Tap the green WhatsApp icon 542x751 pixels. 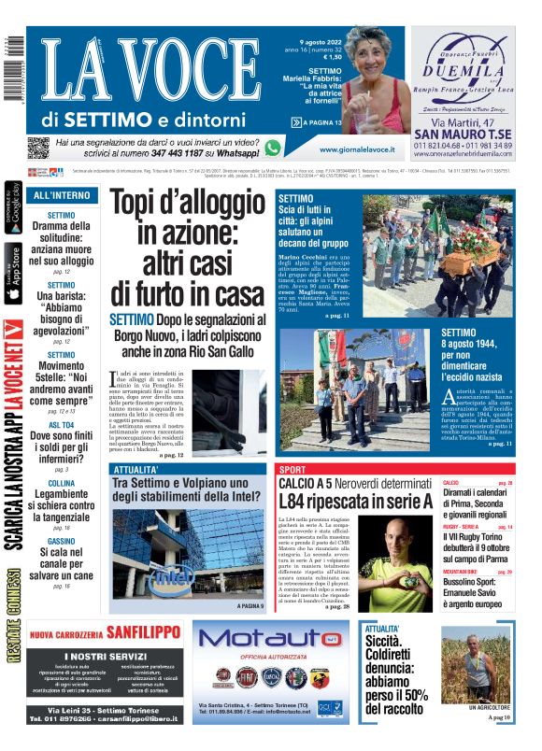coord(272,148)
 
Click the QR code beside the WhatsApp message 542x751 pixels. coord(37,147)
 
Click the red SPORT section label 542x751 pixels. coord(292,469)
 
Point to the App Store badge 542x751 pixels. coord(12,275)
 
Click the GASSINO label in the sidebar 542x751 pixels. coord(62,541)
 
